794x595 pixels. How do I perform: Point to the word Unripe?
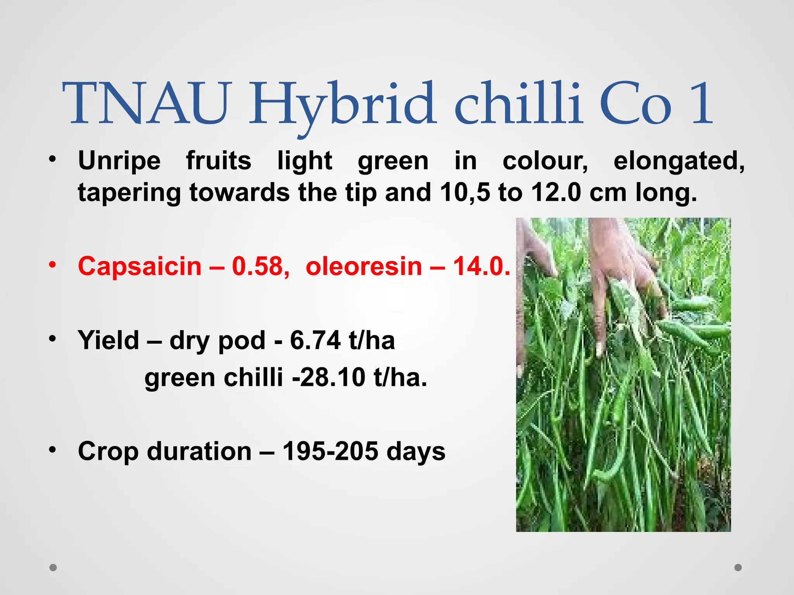pyautogui.click(x=119, y=161)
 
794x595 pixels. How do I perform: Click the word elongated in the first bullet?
pyautogui.click(x=678, y=161)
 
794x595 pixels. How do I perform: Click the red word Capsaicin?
pyautogui.click(x=140, y=267)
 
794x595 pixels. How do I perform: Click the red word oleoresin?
pyautogui.click(x=364, y=267)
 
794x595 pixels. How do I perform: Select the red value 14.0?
pyautogui.click(x=481, y=267)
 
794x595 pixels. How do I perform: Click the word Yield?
pyautogui.click(x=108, y=340)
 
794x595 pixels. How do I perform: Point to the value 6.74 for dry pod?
pyautogui.click(x=315, y=340)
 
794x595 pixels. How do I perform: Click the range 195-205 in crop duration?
pyautogui.click(x=330, y=452)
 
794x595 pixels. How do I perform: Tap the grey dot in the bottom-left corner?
pyautogui.click(x=53, y=567)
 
